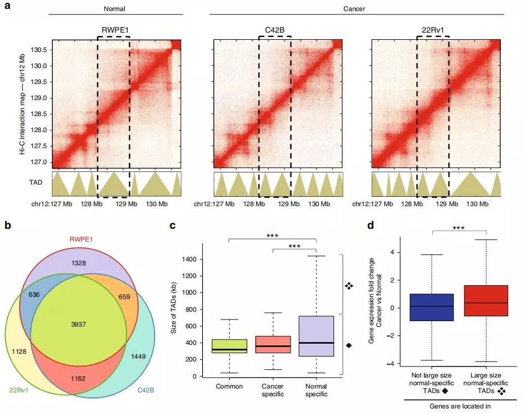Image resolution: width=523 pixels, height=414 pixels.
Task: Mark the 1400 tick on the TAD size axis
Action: [196, 259]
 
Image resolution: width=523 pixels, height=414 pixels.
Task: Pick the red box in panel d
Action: [485, 301]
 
